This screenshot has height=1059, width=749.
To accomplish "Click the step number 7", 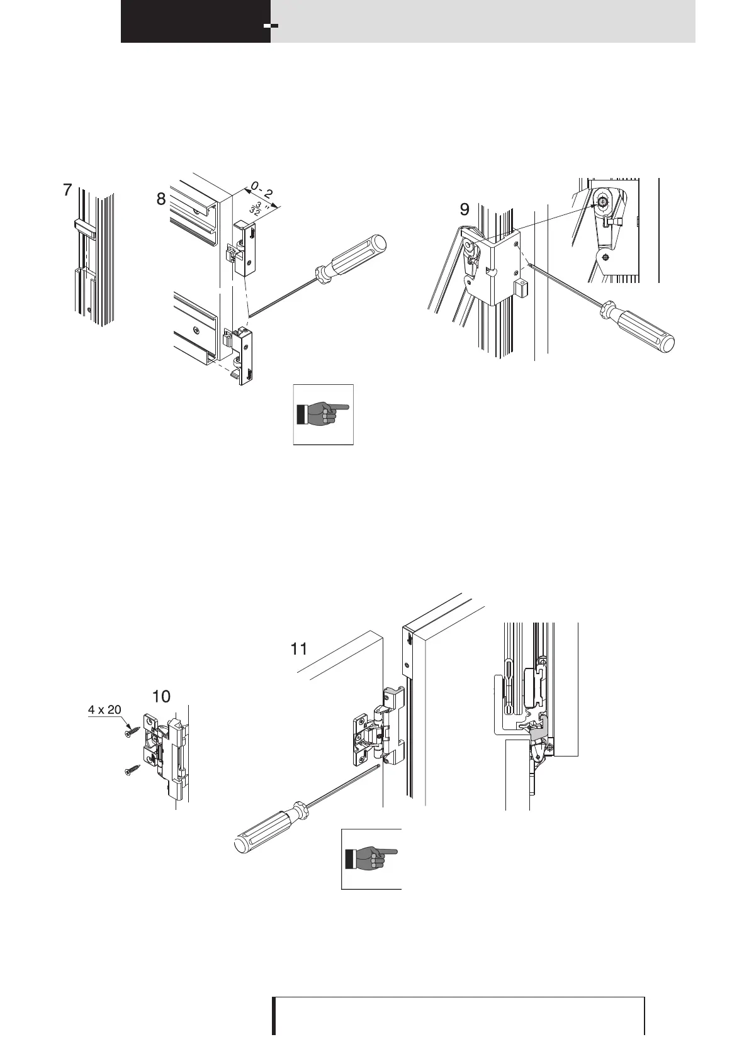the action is [67, 191].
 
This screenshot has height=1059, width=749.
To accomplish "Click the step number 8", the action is [162, 199].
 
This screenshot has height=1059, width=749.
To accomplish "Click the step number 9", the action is [464, 209].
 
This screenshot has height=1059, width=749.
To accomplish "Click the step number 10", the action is [162, 696].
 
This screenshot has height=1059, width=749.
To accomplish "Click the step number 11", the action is [298, 649].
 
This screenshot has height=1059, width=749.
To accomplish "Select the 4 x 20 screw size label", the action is [104, 710].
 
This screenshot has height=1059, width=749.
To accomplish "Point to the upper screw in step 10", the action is [132, 731].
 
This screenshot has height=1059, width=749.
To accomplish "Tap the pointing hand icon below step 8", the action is [324, 414].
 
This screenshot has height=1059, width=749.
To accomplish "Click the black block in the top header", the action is [195, 21].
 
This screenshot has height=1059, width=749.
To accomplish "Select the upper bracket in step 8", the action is [246, 248].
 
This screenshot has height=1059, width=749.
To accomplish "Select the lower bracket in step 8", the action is [245, 355].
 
